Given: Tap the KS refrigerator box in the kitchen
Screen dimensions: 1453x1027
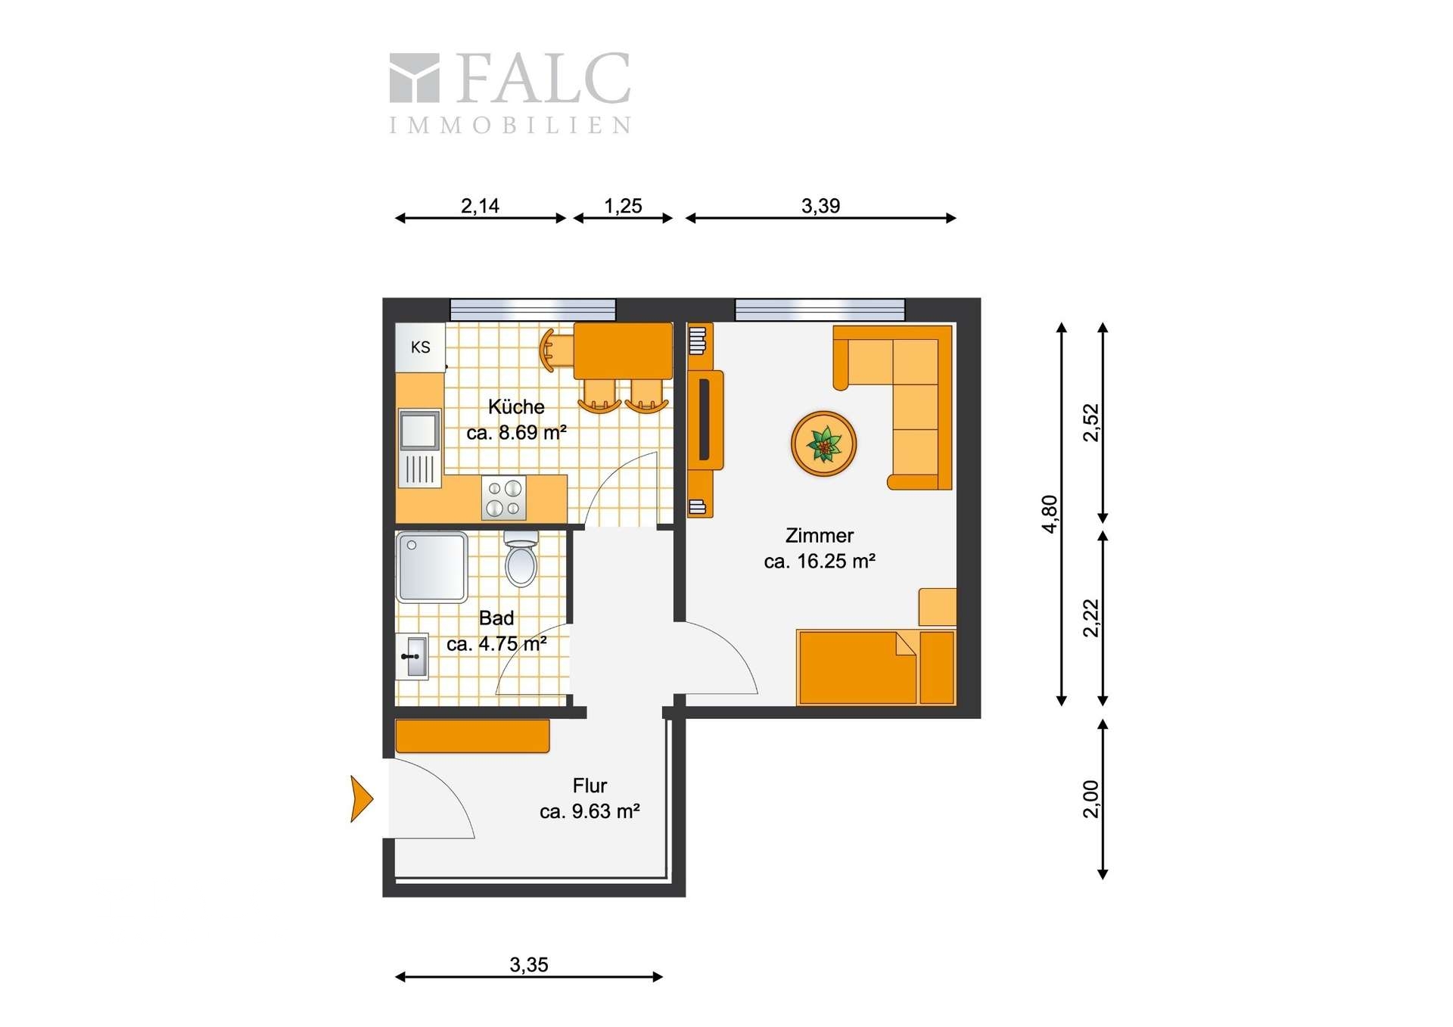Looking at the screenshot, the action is pyautogui.click(x=420, y=347).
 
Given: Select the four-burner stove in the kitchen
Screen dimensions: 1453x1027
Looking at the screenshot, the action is pyautogui.click(x=504, y=498).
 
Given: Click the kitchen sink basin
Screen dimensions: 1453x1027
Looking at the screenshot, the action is pyautogui.click(x=419, y=430).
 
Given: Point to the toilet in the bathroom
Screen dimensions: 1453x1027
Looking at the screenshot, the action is pyautogui.click(x=521, y=559).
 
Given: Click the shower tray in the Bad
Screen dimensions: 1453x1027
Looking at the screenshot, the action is pyautogui.click(x=432, y=567).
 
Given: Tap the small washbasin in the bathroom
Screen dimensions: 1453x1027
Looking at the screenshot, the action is pyautogui.click(x=412, y=656).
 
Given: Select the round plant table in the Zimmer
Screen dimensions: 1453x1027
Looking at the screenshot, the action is pyautogui.click(x=823, y=444).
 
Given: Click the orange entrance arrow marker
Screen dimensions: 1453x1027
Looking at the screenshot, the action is pyautogui.click(x=362, y=798).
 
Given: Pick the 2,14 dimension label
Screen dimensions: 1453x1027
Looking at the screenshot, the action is pyautogui.click(x=480, y=206).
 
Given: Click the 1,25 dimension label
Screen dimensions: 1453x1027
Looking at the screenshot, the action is pyautogui.click(x=623, y=206).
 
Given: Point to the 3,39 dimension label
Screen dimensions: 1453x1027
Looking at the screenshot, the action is pyautogui.click(x=820, y=206).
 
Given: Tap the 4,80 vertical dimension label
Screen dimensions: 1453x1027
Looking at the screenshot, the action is pyautogui.click(x=1050, y=515).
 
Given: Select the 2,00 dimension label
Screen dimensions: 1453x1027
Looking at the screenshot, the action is pyautogui.click(x=1091, y=799).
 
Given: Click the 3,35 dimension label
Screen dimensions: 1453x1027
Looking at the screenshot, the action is pyautogui.click(x=528, y=965).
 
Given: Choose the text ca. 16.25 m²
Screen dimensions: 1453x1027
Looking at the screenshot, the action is pyautogui.click(x=820, y=562).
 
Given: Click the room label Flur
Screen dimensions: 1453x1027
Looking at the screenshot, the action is pyautogui.click(x=590, y=786).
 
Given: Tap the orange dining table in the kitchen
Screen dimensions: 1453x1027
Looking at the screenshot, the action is pyautogui.click(x=623, y=351).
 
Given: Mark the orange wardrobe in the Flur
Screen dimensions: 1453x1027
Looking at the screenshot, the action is pyautogui.click(x=472, y=736).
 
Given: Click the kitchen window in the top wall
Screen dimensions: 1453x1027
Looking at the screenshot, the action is pyautogui.click(x=533, y=310).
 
